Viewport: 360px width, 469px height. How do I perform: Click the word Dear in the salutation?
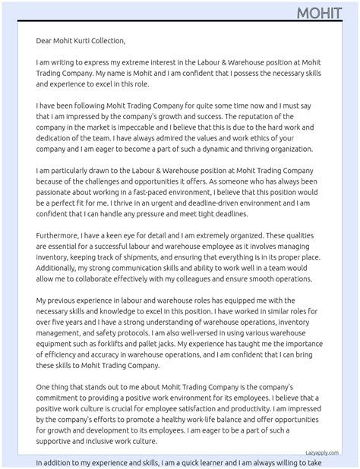point(46,41)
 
